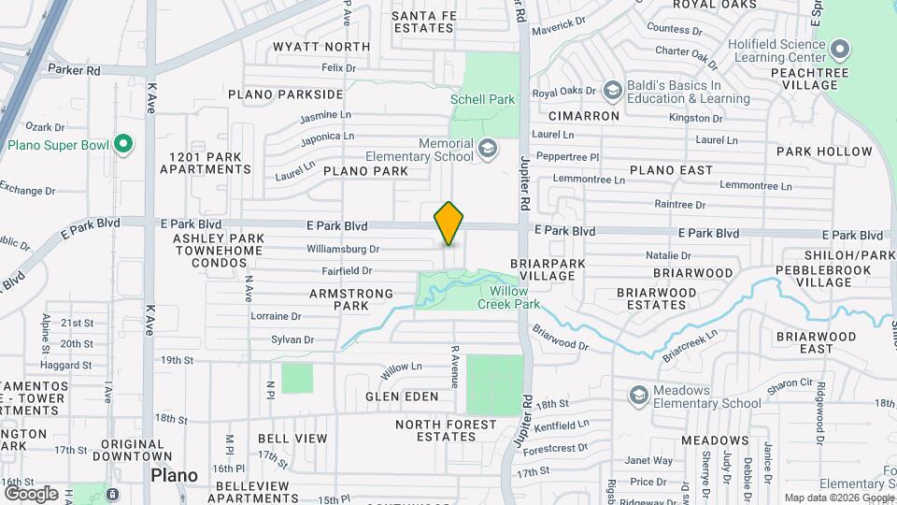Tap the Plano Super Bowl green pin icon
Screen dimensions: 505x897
tap(122, 145)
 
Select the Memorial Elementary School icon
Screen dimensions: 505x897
tap(487, 149)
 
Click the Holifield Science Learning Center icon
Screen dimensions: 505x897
tap(839, 49)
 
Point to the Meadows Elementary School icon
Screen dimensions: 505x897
tap(639, 395)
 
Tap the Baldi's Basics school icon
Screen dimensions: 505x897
tap(613, 91)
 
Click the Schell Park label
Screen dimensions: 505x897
tap(482, 99)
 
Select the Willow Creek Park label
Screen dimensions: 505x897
tap(508, 297)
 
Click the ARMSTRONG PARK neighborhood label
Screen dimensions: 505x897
tap(339, 299)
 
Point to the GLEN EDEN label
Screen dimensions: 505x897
tap(402, 397)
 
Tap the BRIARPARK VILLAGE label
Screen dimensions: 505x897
tap(548, 270)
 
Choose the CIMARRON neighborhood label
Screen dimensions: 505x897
tap(584, 116)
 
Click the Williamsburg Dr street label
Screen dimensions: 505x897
tap(343, 249)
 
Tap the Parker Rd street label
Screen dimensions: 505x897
tap(73, 70)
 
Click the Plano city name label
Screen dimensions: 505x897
tap(174, 475)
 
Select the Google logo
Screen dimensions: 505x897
tap(31, 493)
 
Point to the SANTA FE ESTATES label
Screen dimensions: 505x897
tap(422, 22)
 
